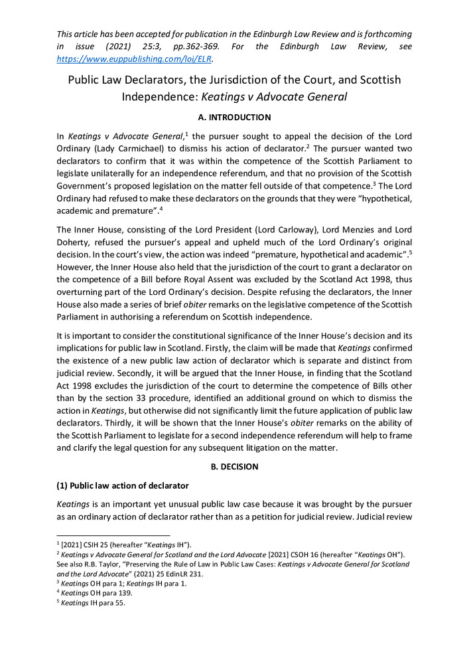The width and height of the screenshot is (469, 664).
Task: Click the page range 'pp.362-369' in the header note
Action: (201, 47)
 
